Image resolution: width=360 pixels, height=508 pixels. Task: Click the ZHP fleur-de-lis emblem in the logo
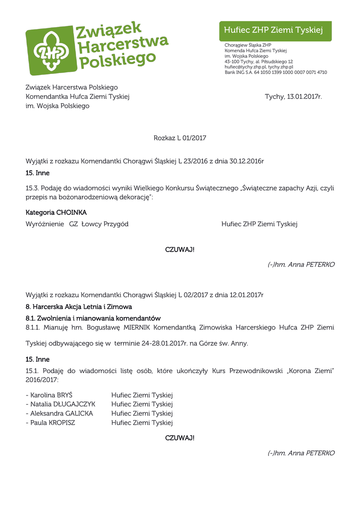[50, 50]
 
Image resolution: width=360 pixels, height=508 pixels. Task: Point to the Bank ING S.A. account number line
[276, 72]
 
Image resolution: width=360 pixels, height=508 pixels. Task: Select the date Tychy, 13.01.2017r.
[293, 97]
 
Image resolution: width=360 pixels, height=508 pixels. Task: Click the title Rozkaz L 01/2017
[180, 138]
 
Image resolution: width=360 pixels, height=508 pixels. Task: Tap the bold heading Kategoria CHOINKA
[56, 212]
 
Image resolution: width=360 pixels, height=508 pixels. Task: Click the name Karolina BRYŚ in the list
[51, 395]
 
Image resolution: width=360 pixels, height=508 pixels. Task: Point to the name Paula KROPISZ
[53, 423]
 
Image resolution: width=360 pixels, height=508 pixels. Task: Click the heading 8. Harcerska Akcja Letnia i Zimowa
[78, 307]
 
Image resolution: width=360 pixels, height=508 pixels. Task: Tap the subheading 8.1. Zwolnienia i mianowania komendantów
[93, 318]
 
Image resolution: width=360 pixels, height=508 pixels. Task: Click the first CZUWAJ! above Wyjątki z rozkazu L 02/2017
[180, 250]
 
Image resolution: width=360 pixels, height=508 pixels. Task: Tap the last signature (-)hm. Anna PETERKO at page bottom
[301, 453]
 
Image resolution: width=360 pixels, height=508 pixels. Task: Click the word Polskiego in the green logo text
[118, 61]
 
